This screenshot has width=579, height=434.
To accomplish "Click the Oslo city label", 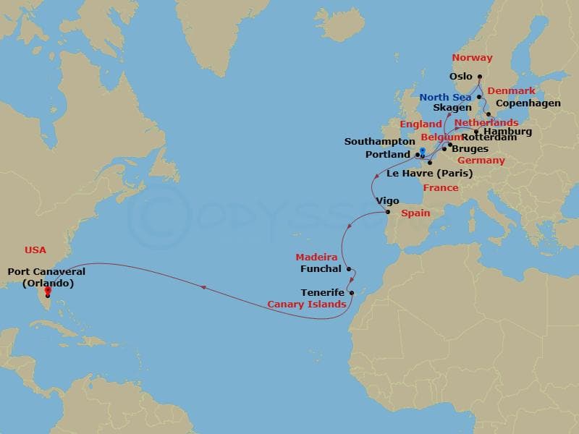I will pyautogui.click(x=460, y=77).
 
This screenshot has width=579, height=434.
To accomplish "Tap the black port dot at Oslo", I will pyautogui.click(x=480, y=77).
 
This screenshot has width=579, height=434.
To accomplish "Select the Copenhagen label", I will pyautogui.click(x=528, y=103).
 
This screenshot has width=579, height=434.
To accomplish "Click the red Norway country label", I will pyautogui.click(x=472, y=58).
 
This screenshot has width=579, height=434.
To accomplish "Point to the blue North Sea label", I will pyautogui.click(x=445, y=98).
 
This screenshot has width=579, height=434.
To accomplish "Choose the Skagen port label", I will pyautogui.click(x=452, y=108).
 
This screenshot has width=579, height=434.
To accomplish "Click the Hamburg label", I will pyautogui.click(x=507, y=132).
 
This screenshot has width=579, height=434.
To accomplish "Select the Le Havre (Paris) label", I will pyautogui.click(x=429, y=174).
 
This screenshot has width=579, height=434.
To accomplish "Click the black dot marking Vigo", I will pyautogui.click(x=387, y=213).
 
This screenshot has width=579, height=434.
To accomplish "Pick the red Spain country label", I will pyautogui.click(x=415, y=213).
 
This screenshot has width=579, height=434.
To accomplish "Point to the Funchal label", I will pyautogui.click(x=320, y=269).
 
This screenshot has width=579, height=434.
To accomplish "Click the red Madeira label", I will pyautogui.click(x=316, y=258).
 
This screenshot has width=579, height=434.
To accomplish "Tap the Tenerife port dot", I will pyautogui.click(x=351, y=293).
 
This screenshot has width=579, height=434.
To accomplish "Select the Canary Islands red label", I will pyautogui.click(x=307, y=305).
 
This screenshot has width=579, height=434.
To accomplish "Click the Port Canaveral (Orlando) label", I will pyautogui.click(x=46, y=278).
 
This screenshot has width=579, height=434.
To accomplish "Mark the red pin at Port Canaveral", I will pyautogui.click(x=48, y=292).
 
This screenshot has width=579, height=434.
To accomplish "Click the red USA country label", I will pyautogui.click(x=35, y=250).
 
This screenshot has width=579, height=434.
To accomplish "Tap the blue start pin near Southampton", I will pyautogui.click(x=422, y=151).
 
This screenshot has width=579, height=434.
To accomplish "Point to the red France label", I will pyautogui.click(x=441, y=188).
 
